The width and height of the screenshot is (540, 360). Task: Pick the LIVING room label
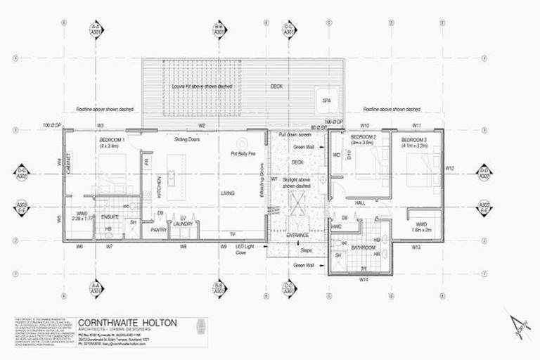point(227,193)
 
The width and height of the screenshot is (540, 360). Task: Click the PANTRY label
point(158,229)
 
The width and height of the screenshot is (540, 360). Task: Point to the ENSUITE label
point(110,217)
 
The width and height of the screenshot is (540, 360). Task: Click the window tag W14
point(364,279)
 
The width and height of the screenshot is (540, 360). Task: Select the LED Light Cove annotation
point(245,251)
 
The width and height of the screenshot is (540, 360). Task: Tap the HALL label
point(360,202)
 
